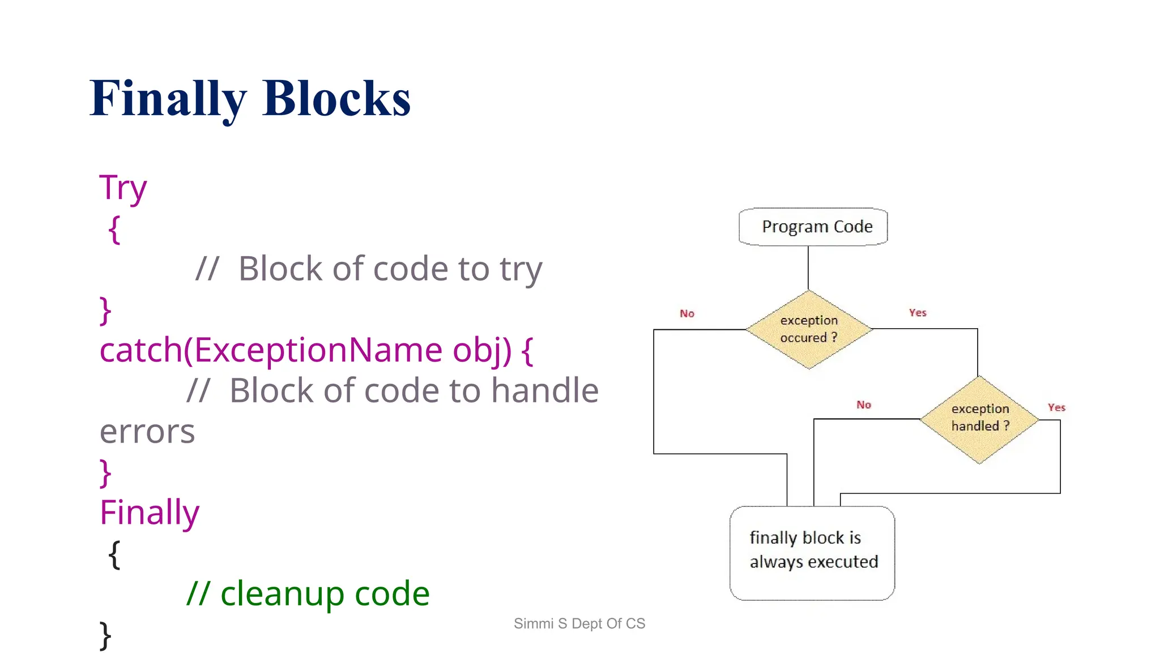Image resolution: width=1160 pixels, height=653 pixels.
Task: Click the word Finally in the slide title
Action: point(168,99)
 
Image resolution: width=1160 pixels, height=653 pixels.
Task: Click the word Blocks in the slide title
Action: point(336,99)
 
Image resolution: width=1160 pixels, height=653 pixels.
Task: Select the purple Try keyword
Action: point(123,188)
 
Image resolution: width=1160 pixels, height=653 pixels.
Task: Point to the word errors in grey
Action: point(147,431)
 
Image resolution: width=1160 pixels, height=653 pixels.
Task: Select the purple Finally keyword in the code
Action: point(150,512)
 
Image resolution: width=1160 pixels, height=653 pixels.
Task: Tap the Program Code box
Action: point(813,227)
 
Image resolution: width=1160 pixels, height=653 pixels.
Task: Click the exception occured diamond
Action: point(808,329)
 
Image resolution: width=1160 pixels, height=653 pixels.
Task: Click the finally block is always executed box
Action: point(812,552)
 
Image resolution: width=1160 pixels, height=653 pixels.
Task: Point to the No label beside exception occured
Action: point(686,313)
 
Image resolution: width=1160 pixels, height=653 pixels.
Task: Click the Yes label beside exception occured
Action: point(917,313)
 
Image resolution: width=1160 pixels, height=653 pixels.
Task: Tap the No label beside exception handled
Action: point(863,405)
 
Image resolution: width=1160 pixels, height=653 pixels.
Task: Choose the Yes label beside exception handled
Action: point(1056,408)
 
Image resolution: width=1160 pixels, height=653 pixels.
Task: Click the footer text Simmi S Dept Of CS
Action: point(579,624)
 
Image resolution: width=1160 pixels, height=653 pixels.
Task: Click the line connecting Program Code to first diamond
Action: point(808,268)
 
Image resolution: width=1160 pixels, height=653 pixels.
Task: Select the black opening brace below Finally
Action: point(114,554)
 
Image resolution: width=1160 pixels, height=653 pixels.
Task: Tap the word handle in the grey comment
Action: point(544,391)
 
